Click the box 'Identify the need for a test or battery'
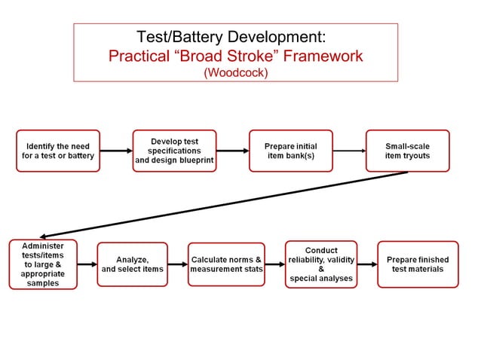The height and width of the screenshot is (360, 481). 58,151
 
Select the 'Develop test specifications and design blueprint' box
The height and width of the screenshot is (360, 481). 174,151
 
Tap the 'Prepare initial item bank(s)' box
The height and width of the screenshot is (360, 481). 290,151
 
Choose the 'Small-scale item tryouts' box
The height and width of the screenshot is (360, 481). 407,151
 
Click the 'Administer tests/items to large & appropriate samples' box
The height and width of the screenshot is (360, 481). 43,264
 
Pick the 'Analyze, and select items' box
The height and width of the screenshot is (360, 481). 132,264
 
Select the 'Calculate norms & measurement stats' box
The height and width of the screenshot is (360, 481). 226,264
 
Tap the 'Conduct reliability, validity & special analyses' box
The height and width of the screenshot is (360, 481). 321,264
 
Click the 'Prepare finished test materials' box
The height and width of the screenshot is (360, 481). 418,264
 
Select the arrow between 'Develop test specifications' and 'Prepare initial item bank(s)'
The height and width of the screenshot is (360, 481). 232,151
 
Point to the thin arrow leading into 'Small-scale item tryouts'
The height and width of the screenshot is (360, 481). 348,151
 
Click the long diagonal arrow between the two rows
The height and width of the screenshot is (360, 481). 226,204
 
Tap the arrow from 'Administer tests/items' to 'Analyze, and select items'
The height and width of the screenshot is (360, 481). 87,264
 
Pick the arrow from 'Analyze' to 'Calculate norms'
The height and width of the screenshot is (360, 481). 177,264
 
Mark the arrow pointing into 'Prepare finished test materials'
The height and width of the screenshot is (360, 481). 367,264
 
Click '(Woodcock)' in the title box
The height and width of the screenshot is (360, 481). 235,73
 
